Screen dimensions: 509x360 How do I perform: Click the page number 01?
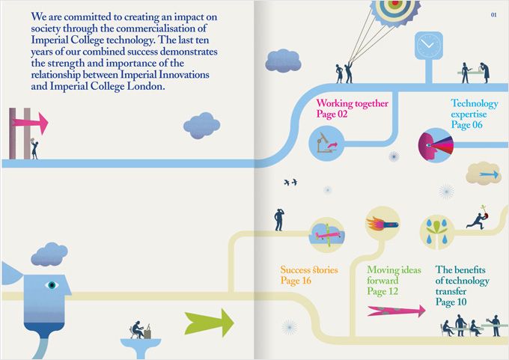[493, 15]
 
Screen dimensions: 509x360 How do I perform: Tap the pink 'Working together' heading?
[353, 103]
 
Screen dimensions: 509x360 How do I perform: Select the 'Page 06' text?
[467, 125]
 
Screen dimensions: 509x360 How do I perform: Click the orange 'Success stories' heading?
[309, 269]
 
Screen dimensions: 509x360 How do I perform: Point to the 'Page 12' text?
[382, 291]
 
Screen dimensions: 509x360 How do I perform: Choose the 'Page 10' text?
[451, 302]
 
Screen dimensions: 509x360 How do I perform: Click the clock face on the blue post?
[428, 45]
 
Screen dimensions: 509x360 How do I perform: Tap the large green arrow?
[209, 323]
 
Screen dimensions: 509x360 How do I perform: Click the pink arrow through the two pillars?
[30, 123]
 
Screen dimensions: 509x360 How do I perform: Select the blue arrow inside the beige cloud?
[489, 174]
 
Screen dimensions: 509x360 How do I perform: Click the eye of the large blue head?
[52, 285]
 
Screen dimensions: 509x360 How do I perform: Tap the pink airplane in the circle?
[326, 235]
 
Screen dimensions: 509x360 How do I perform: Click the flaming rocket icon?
[382, 224]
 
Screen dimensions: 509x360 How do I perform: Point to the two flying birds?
[290, 182]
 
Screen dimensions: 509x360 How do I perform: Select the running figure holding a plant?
[478, 219]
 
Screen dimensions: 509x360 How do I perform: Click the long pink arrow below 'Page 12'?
[397, 311]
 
